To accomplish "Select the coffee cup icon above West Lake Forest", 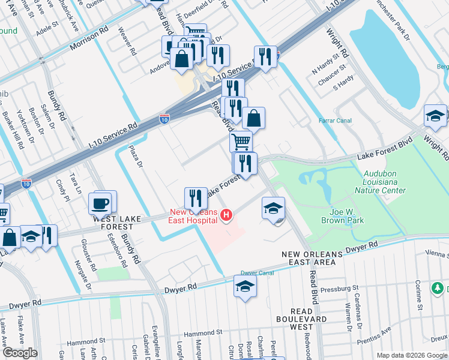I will pyautogui.click(x=100, y=203).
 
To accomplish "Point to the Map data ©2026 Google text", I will pyautogui.click(x=412, y=355).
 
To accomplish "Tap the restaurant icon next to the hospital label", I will pyautogui.click(x=196, y=197).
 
